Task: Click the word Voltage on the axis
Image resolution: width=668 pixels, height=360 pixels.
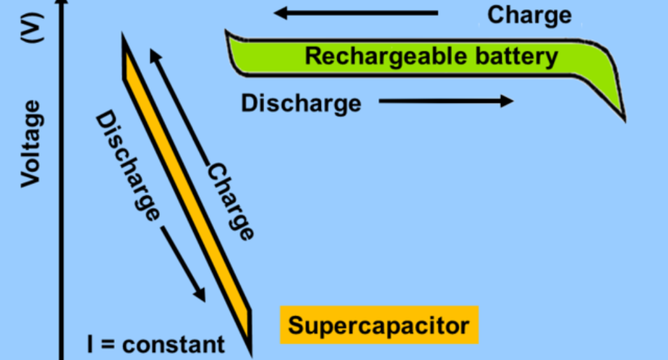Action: pyautogui.click(x=31, y=143)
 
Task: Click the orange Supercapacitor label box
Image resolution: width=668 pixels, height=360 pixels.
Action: pyautogui.click(x=379, y=325)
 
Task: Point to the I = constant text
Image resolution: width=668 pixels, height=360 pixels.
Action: pyautogui.click(x=156, y=344)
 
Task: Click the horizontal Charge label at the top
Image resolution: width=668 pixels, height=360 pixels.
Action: pyautogui.click(x=530, y=14)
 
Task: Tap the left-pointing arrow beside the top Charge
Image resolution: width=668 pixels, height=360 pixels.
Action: pyautogui.click(x=356, y=12)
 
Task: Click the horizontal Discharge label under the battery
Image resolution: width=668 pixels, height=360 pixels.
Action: pyautogui.click(x=301, y=103)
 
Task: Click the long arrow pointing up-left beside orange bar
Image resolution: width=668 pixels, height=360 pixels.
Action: pyautogui.click(x=179, y=104)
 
